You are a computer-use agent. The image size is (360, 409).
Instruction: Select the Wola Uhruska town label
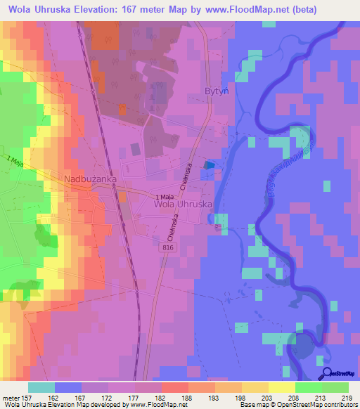[182, 204]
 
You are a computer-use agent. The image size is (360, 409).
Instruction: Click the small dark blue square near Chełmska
[207, 164]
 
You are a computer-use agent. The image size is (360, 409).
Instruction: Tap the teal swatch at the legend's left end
[41, 387]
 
